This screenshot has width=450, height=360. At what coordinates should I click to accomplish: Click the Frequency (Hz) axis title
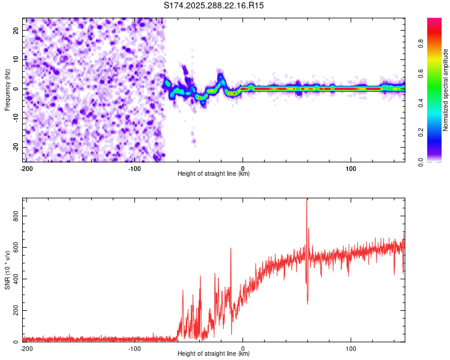pyautogui.click(x=7, y=89)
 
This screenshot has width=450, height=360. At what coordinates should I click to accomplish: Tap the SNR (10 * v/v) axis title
pyautogui.click(x=7, y=270)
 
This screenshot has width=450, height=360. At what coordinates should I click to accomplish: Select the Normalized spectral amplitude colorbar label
pyautogui.click(x=445, y=90)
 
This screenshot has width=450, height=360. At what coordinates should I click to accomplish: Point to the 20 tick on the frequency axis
pyautogui.click(x=17, y=29)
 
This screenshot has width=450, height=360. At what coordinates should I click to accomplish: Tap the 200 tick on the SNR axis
pyautogui.click(x=17, y=310)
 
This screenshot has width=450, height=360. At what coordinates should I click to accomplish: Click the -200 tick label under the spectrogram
pyautogui.click(x=26, y=168)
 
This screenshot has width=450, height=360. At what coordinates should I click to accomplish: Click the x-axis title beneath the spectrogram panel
pyautogui.click(x=214, y=174)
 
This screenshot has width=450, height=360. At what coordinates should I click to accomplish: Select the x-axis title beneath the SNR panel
pyautogui.click(x=214, y=355)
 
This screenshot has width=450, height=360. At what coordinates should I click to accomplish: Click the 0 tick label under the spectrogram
pyautogui.click(x=242, y=168)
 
